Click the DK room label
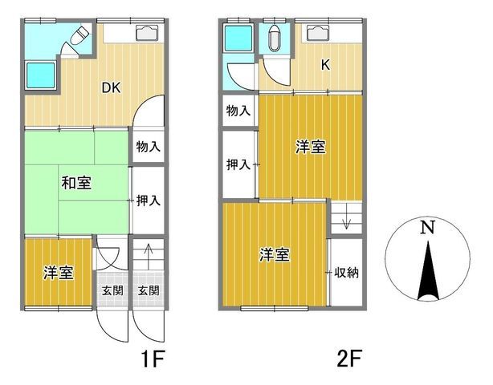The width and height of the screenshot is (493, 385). click(111, 88)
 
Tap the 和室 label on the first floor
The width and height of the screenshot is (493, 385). click(76, 183)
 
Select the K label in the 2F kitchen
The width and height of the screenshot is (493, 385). click(327, 67)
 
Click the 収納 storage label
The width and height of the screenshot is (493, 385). click(347, 273)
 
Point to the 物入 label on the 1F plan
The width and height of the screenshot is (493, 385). click(148, 147)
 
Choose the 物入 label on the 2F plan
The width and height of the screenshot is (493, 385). click(237, 110)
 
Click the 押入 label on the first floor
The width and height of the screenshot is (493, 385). click(148, 201)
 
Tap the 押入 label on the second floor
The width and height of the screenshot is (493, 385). click(237, 164)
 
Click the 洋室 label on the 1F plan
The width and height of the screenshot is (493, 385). click(59, 274)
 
